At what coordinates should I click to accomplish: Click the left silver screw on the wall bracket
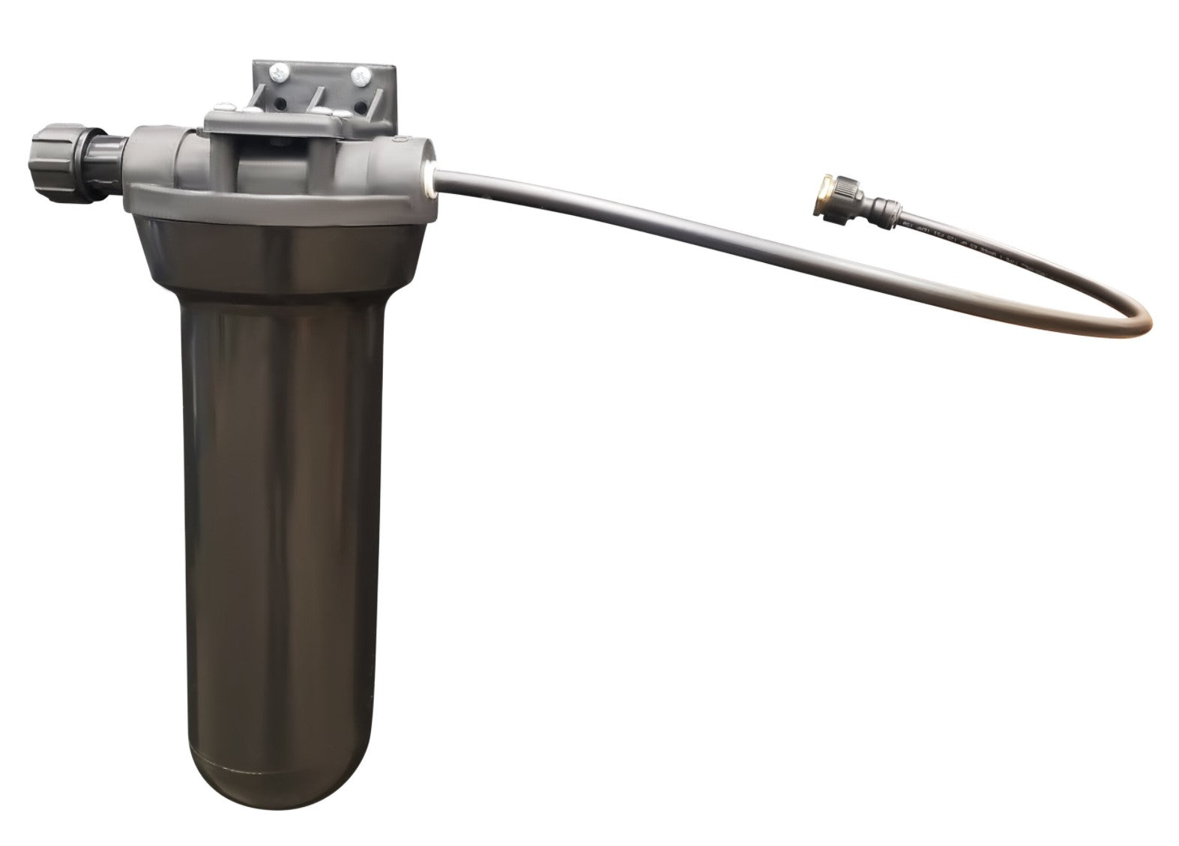pyautogui.click(x=280, y=73)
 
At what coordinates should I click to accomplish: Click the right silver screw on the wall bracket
pyautogui.click(x=361, y=76)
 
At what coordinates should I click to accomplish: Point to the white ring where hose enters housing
pyautogui.click(x=429, y=179)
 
